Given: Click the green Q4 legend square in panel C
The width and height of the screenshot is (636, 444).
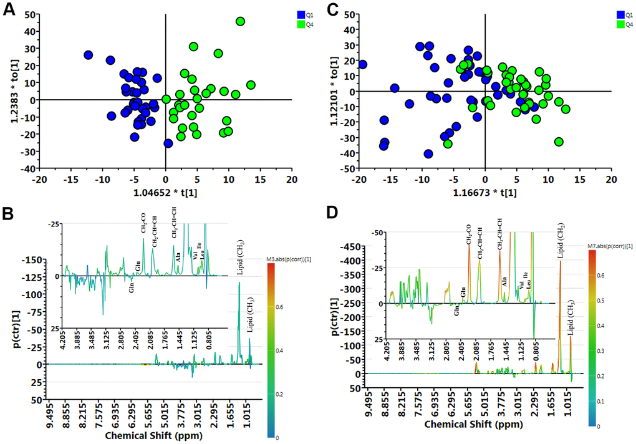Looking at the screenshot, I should (x=621, y=24).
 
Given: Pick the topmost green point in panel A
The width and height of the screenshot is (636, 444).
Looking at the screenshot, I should (x=241, y=21).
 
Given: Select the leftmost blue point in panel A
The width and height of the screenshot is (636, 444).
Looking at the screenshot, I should (x=88, y=55).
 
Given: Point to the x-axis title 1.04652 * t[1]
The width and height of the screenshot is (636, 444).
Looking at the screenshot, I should (x=165, y=193).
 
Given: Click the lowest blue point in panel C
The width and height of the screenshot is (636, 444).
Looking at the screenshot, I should (x=428, y=154).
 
